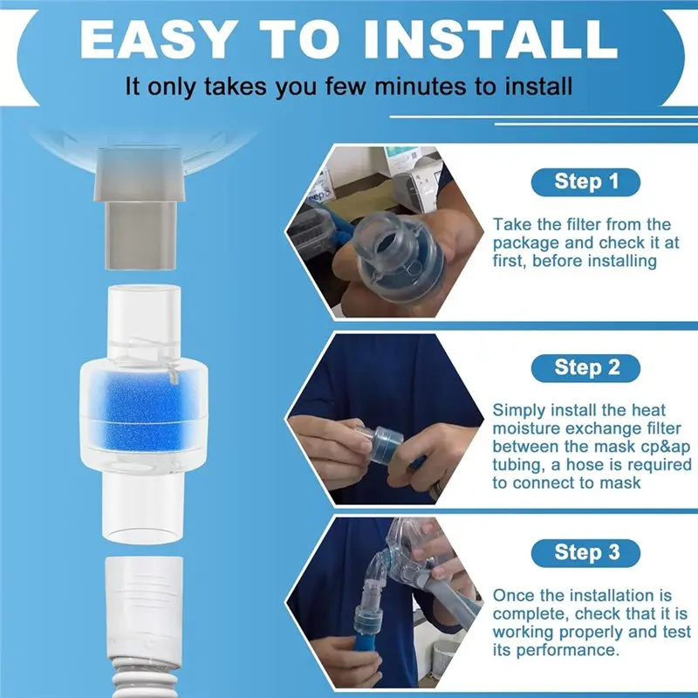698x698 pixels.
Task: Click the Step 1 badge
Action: click(586, 181)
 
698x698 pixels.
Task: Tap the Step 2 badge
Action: click(586, 366)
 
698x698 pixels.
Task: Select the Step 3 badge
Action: click(586, 551)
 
